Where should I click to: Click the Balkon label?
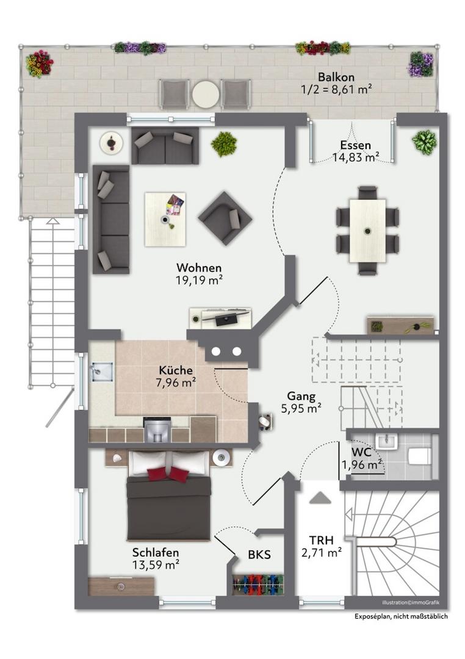point(336,77)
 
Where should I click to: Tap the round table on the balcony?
point(206,94)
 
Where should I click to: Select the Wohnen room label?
point(199,268)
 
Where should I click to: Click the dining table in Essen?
point(367,231)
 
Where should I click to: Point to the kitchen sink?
point(101,371)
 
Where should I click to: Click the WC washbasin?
point(387,442)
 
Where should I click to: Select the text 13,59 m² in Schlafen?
point(156,565)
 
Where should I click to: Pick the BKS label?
point(259,555)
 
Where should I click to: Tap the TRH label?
point(321,540)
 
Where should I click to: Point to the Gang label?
point(301,396)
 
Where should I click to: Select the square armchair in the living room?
point(225,218)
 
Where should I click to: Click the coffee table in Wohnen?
point(165,219)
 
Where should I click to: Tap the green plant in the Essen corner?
point(424,142)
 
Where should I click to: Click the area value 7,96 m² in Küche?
point(175,383)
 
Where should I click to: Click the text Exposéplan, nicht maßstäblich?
point(401,616)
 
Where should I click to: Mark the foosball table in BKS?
point(258,584)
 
